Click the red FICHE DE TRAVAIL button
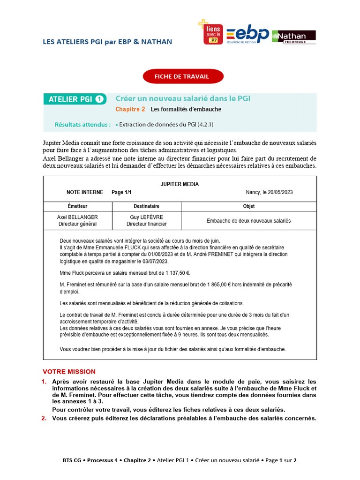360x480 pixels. click(x=183, y=76)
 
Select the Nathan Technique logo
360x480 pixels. click(x=294, y=37)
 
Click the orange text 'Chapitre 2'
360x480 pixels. click(x=130, y=109)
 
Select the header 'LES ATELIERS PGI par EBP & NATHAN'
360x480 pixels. click(x=107, y=42)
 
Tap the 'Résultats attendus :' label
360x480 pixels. click(x=82, y=125)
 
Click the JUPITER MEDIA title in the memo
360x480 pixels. click(x=180, y=184)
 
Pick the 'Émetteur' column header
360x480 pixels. click(x=77, y=206)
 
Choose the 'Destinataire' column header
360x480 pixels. click(x=146, y=206)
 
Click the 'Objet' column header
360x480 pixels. click(x=248, y=206)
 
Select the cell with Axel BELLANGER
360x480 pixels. click(x=77, y=221)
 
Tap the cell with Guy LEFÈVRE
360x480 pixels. click(x=146, y=221)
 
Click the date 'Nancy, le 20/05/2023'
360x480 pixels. click(x=269, y=192)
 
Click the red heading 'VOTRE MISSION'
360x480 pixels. click(x=69, y=371)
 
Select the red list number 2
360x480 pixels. click(x=44, y=418)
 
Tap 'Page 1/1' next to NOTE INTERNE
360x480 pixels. click(x=121, y=192)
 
